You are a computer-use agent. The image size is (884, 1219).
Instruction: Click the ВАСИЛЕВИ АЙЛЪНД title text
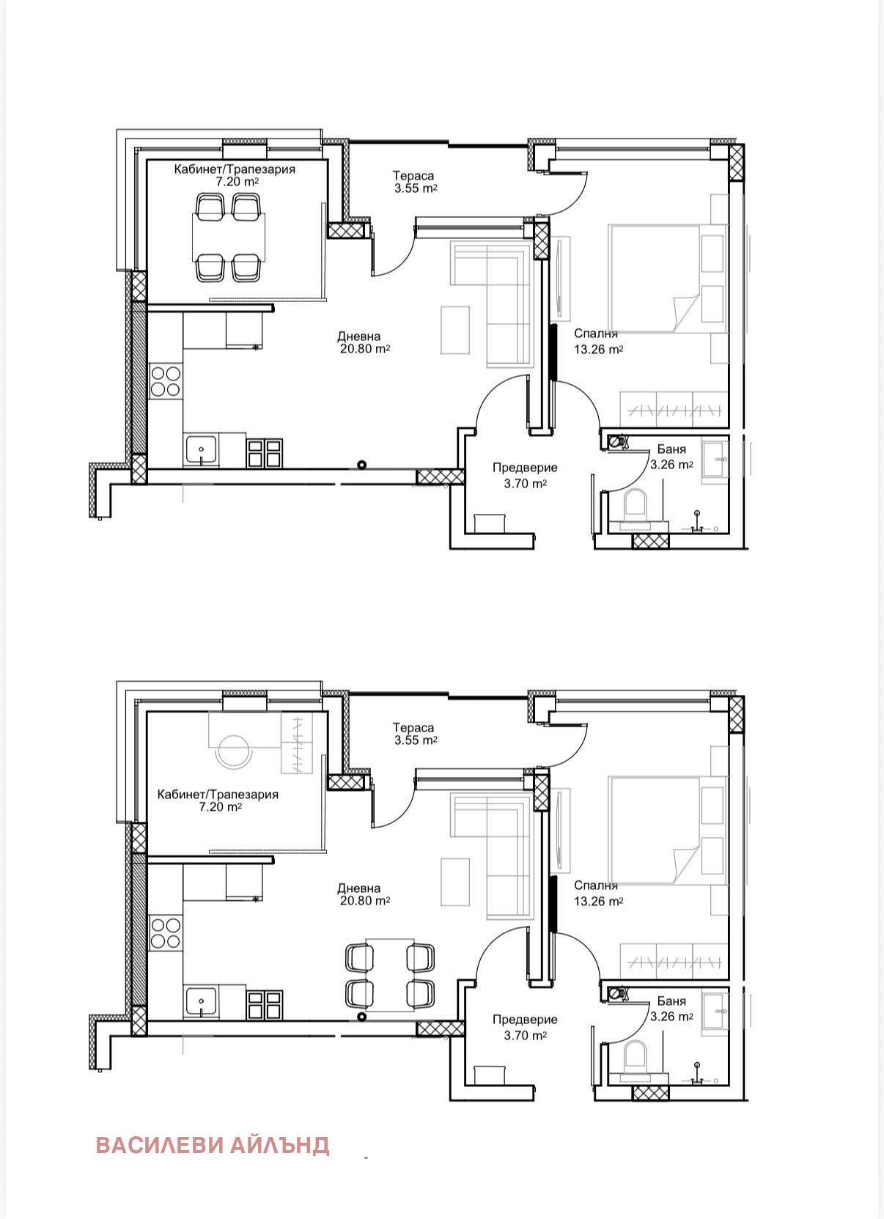coord(213,1145)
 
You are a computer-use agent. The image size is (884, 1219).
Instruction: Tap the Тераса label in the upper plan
coord(413,176)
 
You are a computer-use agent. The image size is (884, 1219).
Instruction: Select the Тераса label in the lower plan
coord(413,728)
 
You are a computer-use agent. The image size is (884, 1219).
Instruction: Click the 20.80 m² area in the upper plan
coord(365,349)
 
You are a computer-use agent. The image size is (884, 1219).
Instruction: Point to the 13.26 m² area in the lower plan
coord(598,901)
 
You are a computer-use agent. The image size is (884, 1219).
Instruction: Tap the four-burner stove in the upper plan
coord(166,381)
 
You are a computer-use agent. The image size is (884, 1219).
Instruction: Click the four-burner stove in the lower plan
coord(166,932)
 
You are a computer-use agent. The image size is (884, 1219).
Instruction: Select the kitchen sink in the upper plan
coord(201,451)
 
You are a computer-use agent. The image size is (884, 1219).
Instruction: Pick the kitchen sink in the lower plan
coord(201,1003)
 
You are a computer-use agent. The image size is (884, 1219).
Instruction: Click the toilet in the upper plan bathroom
coord(636,509)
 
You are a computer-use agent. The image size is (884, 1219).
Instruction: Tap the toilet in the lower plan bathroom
coord(636,1061)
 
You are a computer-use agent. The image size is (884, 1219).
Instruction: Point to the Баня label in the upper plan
coord(671,449)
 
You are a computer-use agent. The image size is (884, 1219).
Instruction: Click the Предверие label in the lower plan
coord(525,1020)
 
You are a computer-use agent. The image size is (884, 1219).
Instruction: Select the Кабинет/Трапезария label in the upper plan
coord(235,169)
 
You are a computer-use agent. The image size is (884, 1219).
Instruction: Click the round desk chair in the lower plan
coord(234,751)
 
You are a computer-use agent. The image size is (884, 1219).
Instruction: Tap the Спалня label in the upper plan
coord(595,334)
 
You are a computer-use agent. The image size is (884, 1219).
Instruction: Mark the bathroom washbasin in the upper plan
coord(715,460)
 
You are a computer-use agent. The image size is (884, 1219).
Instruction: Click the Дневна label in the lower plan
coord(358,888)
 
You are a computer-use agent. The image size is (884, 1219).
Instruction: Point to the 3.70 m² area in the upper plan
coord(526,483)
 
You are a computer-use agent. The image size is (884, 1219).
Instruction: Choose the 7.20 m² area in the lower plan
coord(221,807)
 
